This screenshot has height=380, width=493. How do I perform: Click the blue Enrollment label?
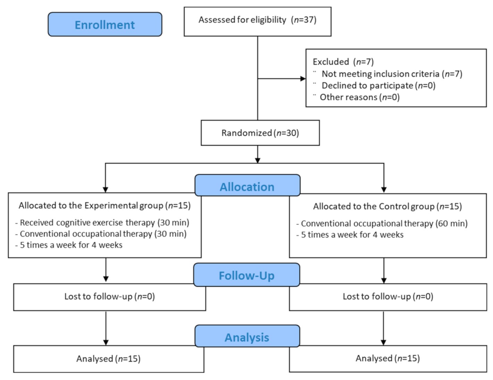(105, 25)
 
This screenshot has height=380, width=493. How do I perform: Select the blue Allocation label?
(247, 187)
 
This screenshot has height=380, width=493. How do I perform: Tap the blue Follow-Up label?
(246, 275)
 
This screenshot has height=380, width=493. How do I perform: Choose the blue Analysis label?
(247, 337)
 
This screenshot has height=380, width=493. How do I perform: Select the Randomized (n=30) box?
(260, 133)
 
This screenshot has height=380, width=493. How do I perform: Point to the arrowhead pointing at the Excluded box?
(303, 79)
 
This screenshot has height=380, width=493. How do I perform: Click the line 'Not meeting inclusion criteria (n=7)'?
(392, 74)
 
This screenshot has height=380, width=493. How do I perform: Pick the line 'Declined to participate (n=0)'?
(378, 85)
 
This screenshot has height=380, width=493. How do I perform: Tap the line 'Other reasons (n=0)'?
(359, 97)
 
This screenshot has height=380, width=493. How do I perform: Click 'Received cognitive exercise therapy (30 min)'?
(104, 223)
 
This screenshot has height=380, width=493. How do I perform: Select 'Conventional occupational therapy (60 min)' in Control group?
(384, 224)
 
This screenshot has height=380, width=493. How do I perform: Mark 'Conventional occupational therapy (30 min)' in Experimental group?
(103, 234)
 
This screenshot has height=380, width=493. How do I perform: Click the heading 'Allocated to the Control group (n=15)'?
(387, 207)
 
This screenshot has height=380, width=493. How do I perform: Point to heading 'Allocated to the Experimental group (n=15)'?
(105, 206)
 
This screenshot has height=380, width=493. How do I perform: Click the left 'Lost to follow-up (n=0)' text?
(109, 297)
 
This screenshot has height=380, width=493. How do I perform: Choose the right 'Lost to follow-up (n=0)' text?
(388, 297)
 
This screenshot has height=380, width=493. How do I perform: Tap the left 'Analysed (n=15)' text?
(108, 359)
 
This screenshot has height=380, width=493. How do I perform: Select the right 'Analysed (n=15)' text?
(387, 358)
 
